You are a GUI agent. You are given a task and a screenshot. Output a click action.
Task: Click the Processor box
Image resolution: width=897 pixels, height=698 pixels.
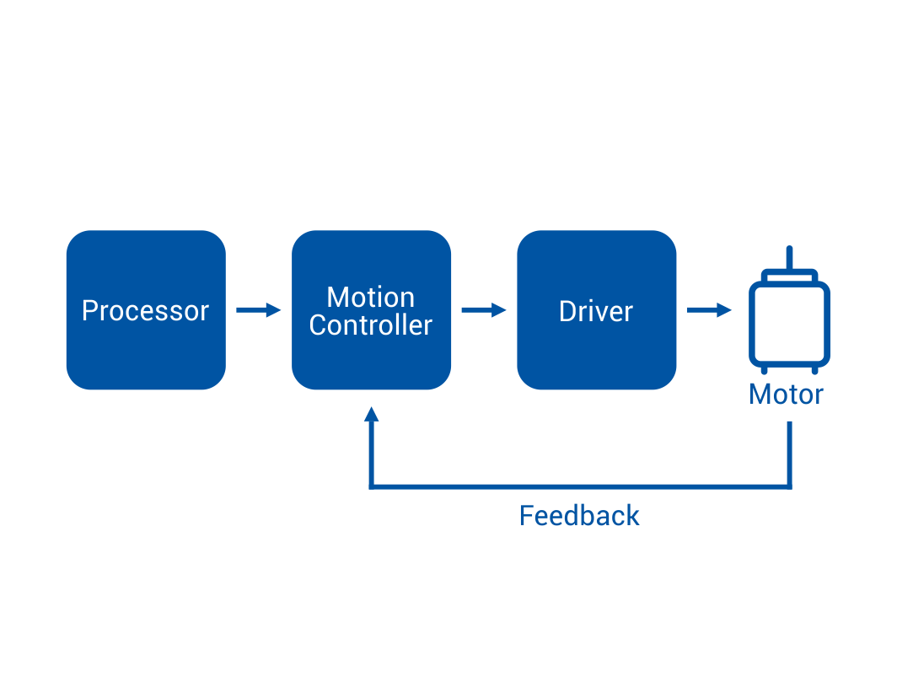tap(146, 310)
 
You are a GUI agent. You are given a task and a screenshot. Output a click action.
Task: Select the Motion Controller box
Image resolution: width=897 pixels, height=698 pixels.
tap(371, 310)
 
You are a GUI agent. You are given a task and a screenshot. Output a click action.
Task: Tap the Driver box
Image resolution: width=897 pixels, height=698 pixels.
tap(597, 310)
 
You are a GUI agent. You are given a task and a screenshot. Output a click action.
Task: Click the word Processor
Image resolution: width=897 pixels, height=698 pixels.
tap(145, 311)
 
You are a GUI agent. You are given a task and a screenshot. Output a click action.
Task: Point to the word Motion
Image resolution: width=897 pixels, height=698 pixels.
tap(371, 298)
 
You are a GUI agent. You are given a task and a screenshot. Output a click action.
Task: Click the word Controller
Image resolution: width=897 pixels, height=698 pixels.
tap(371, 325)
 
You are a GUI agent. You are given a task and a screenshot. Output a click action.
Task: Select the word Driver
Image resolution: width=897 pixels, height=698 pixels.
tap(596, 312)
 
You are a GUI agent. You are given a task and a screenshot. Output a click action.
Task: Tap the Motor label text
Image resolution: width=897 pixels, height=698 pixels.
tap(786, 395)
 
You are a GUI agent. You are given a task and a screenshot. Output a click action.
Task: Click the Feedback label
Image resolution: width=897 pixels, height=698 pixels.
tap(579, 515)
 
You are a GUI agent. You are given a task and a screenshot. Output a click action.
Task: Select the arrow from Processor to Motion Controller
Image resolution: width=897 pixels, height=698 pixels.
tap(259, 310)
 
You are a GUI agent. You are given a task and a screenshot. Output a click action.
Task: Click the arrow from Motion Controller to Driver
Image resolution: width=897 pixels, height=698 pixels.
tap(484, 310)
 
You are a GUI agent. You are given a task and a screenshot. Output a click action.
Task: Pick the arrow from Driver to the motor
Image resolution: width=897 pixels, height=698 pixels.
tap(709, 310)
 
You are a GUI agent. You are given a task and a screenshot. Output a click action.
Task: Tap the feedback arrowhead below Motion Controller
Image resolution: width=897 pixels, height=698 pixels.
tap(372, 414)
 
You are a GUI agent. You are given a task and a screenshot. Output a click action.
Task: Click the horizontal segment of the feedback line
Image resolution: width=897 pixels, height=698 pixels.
tap(581, 487)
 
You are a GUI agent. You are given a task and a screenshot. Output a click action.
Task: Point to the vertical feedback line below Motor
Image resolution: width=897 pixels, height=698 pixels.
tap(789, 455)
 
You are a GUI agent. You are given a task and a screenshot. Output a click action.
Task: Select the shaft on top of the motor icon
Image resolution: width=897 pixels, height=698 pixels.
tap(789, 258)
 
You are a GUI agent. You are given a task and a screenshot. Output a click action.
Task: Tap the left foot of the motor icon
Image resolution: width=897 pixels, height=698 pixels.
tap(765, 371)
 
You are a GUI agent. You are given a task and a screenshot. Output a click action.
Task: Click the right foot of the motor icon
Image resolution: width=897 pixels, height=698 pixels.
tap(815, 371)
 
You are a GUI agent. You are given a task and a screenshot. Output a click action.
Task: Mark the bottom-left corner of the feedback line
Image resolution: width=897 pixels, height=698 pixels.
tap(372, 487)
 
